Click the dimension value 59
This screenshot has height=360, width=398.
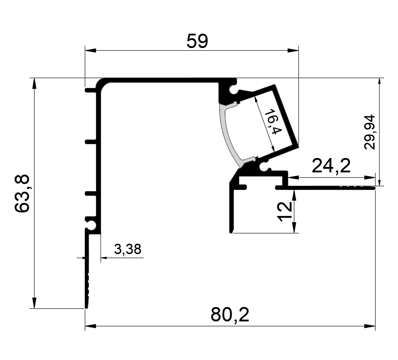(x=197, y=41)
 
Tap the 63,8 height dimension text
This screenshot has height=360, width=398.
(x=22, y=193)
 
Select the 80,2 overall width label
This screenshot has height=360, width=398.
(x=230, y=315)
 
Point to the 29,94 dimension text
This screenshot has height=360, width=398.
(x=369, y=132)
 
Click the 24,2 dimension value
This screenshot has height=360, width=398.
(x=331, y=166)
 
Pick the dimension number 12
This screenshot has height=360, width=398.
(x=284, y=211)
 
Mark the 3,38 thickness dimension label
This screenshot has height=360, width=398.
(x=127, y=249)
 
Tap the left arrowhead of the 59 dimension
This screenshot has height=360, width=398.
(x=90, y=50)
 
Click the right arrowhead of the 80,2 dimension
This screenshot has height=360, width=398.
(x=370, y=326)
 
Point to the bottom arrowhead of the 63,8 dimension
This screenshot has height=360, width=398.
(x=34, y=303)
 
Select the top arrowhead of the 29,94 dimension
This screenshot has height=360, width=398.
(x=380, y=83)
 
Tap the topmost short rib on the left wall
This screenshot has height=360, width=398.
(x=91, y=90)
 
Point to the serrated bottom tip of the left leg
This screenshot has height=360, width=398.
(x=87, y=307)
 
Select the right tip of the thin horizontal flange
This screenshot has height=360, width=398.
(x=374, y=188)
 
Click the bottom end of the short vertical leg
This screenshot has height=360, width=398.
(x=231, y=232)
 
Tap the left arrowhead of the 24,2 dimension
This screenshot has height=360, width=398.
(x=293, y=177)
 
